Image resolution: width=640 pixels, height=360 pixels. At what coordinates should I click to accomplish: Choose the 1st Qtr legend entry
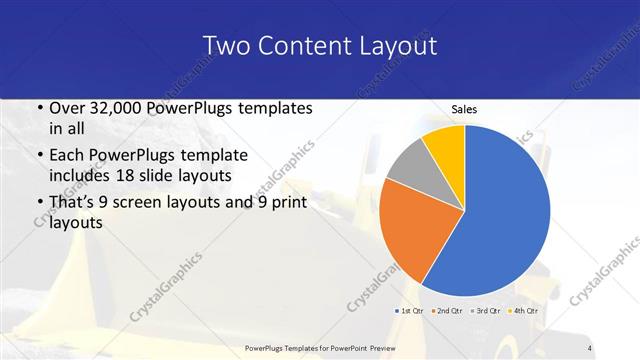pos(410,311)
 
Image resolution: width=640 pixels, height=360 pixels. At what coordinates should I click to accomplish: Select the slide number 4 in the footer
pos(590,347)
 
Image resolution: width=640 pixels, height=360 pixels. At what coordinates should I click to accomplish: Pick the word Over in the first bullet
pos(68,109)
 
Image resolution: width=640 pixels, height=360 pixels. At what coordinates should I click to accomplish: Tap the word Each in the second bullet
pos(67,156)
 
